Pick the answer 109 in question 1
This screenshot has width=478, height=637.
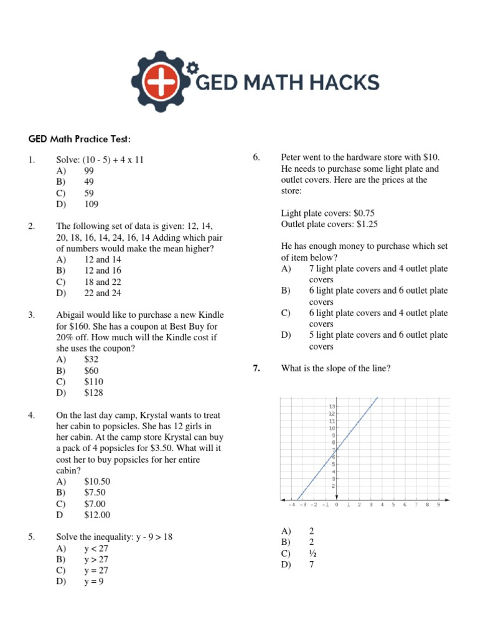91,204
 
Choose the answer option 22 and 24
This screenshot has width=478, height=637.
103,293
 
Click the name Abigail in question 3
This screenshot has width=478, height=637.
72,315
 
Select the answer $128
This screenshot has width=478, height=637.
93,393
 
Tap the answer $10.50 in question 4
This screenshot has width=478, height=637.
96,481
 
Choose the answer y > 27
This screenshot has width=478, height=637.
96,559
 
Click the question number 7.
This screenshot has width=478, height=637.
256,368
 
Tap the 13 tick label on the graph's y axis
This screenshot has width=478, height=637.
332,406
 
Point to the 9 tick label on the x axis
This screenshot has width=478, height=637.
438,505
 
